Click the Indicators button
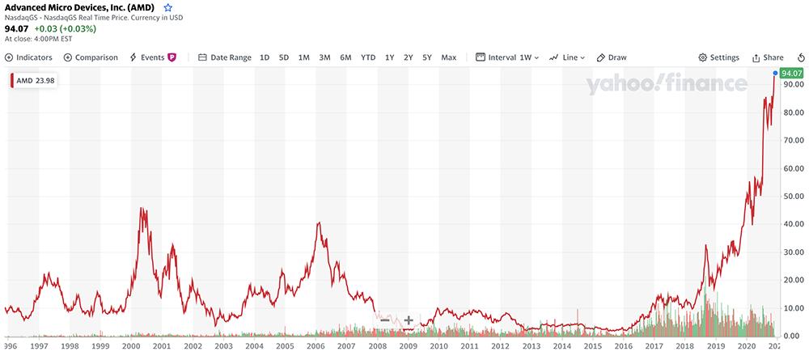coord(29,57)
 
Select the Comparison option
coord(91,57)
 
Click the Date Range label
coord(225,57)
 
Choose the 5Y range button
coord(426,57)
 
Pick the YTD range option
coord(368,57)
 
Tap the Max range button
coord(449,57)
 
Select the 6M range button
coord(345,57)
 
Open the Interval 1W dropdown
coord(507,57)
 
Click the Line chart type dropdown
coord(567,57)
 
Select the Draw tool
coord(612,57)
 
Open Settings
coord(719,57)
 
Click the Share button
coord(768,57)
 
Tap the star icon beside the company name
coord(168,7)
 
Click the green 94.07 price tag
coord(791,74)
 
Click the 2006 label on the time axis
coord(316,345)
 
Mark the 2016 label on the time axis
coord(624,345)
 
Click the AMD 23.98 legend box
coord(32,80)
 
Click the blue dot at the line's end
coord(775,74)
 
